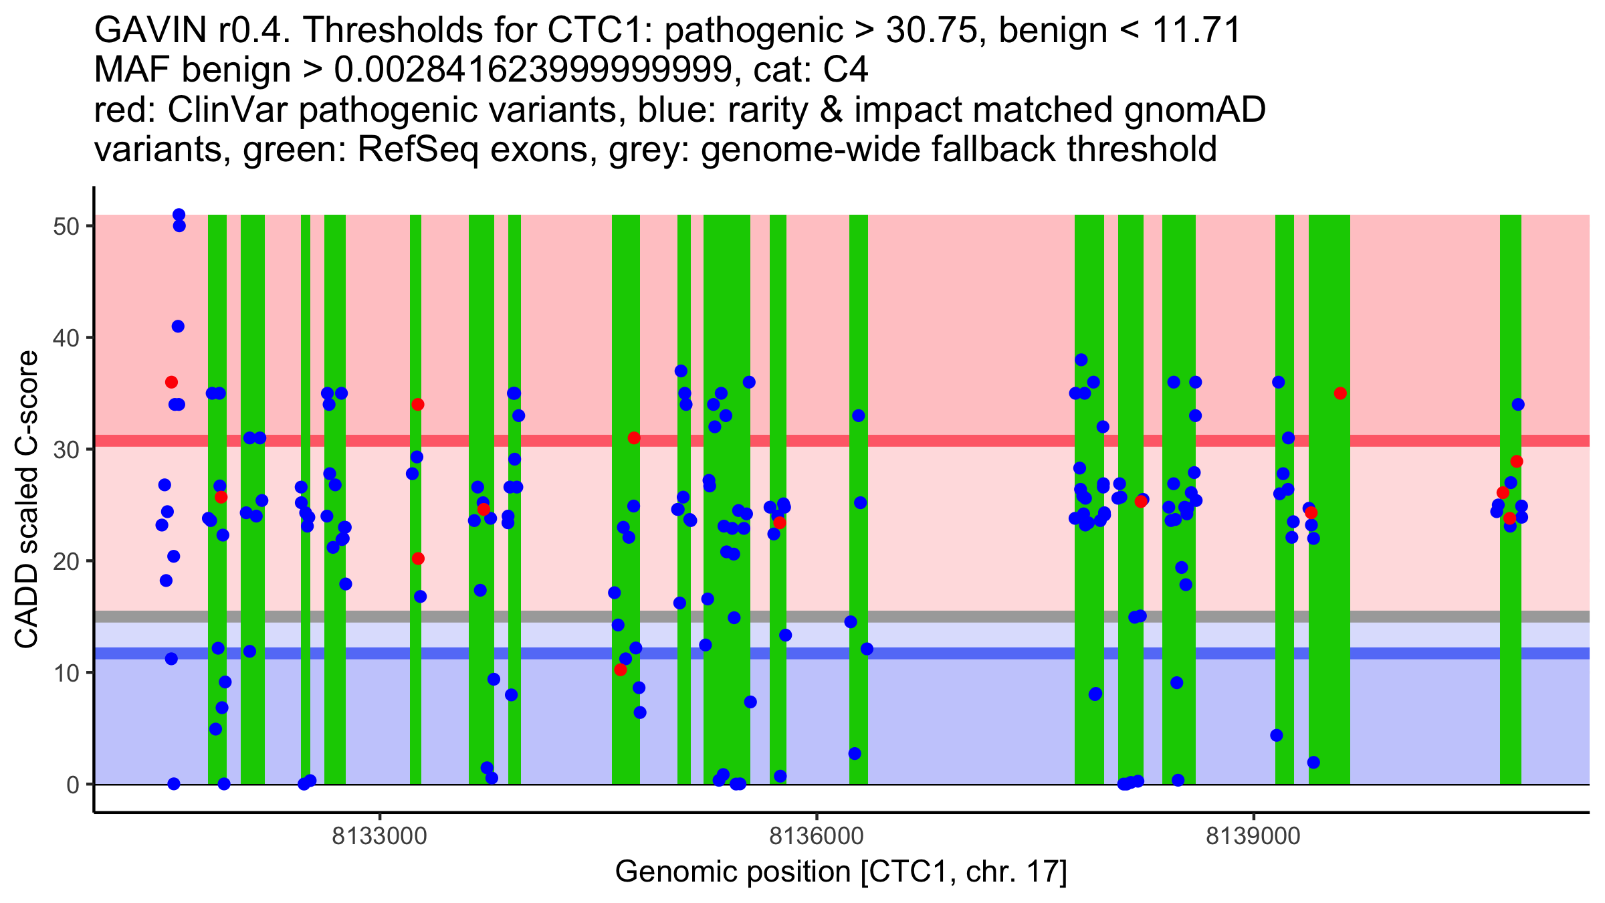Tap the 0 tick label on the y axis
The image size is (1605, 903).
72,785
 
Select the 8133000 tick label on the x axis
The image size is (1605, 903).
380,836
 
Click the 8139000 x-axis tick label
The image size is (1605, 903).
1253,836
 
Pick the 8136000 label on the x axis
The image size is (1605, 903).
817,836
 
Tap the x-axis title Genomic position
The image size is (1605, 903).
841,872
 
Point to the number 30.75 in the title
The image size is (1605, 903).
934,30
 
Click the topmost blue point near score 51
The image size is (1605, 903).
179,215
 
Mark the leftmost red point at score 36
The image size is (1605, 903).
171,382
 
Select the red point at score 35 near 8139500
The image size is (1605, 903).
1340,393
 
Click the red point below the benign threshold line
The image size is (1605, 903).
621,670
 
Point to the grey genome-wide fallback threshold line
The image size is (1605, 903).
936,616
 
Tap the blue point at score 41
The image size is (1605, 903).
178,326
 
